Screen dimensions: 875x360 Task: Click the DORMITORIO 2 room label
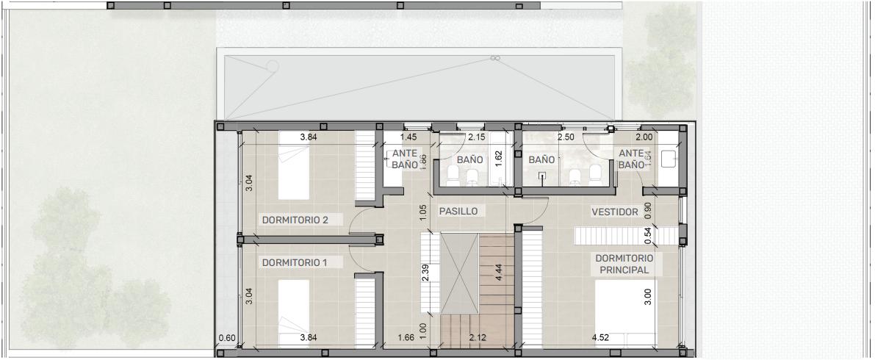click(x=295, y=220)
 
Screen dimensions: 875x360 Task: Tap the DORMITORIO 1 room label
click(x=294, y=262)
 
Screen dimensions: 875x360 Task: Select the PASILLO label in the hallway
click(x=458, y=212)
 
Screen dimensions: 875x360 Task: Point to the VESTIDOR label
click(x=614, y=212)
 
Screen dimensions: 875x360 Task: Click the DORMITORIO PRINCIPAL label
click(x=624, y=264)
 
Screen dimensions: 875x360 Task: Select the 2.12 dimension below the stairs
click(x=478, y=337)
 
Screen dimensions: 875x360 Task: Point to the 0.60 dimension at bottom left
click(x=227, y=337)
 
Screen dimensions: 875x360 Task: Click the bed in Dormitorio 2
click(x=294, y=165)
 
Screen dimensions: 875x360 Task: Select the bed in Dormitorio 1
click(x=294, y=313)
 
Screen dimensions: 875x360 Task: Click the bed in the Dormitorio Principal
click(x=626, y=313)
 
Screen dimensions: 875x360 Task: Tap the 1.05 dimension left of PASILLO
click(x=423, y=213)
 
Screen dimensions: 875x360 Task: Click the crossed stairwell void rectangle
click(x=459, y=274)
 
